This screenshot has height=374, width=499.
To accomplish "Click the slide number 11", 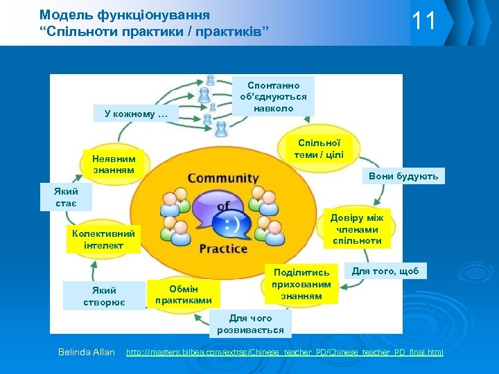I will pos(424,21).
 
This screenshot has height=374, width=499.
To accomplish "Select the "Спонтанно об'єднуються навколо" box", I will pos(274,96).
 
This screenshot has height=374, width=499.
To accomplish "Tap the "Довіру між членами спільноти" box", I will pos(357,229).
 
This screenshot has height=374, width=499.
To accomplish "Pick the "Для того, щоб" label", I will pos(386,271).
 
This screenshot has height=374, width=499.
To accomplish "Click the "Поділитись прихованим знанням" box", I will pos(302,284).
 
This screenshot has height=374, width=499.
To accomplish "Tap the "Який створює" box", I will pos(103,296).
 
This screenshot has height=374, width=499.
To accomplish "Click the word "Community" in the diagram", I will pos(223,178).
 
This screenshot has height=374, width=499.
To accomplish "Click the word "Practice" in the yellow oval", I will pos(223,248).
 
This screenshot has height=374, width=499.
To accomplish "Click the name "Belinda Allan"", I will pos(87,352).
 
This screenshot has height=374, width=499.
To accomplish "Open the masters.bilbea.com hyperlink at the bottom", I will pos(284,353).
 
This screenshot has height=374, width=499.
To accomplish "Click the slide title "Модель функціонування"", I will pos(125,14).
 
